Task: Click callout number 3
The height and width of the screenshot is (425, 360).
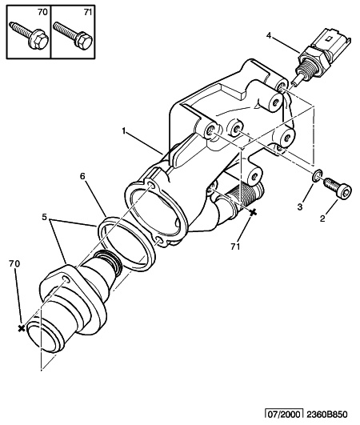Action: tap(299, 207)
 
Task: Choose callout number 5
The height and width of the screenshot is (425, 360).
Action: tap(46, 217)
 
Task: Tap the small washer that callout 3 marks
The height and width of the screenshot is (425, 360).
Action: tap(318, 175)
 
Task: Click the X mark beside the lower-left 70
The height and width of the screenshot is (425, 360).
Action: tap(20, 328)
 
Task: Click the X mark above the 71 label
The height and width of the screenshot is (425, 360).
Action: tap(253, 213)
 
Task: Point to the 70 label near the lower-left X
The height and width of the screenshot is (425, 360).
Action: tap(14, 263)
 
